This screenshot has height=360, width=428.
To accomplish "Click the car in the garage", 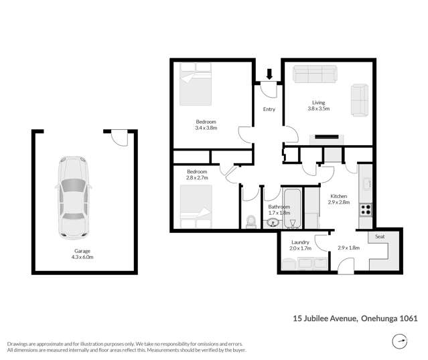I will (72, 198).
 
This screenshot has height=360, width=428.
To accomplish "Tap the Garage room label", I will (83, 251).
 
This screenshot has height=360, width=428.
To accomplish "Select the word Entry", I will (269, 109).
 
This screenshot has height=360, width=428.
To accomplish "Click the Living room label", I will (318, 102).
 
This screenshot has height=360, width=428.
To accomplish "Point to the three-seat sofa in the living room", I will (315, 73).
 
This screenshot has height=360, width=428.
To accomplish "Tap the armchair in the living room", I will (360, 98).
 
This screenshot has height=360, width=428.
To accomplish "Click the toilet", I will (251, 221).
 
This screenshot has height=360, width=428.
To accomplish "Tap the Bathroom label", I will (279, 207).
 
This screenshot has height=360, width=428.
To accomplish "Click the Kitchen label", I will (339, 196).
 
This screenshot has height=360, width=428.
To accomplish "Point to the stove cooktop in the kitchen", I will (366, 209).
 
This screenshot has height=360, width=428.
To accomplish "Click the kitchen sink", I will (367, 183).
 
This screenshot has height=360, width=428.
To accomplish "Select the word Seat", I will (380, 237).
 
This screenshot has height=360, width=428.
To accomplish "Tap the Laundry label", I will (299, 242).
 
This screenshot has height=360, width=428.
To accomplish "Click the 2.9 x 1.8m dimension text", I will (348, 248).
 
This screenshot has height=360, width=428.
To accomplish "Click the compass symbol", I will (400, 342).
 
